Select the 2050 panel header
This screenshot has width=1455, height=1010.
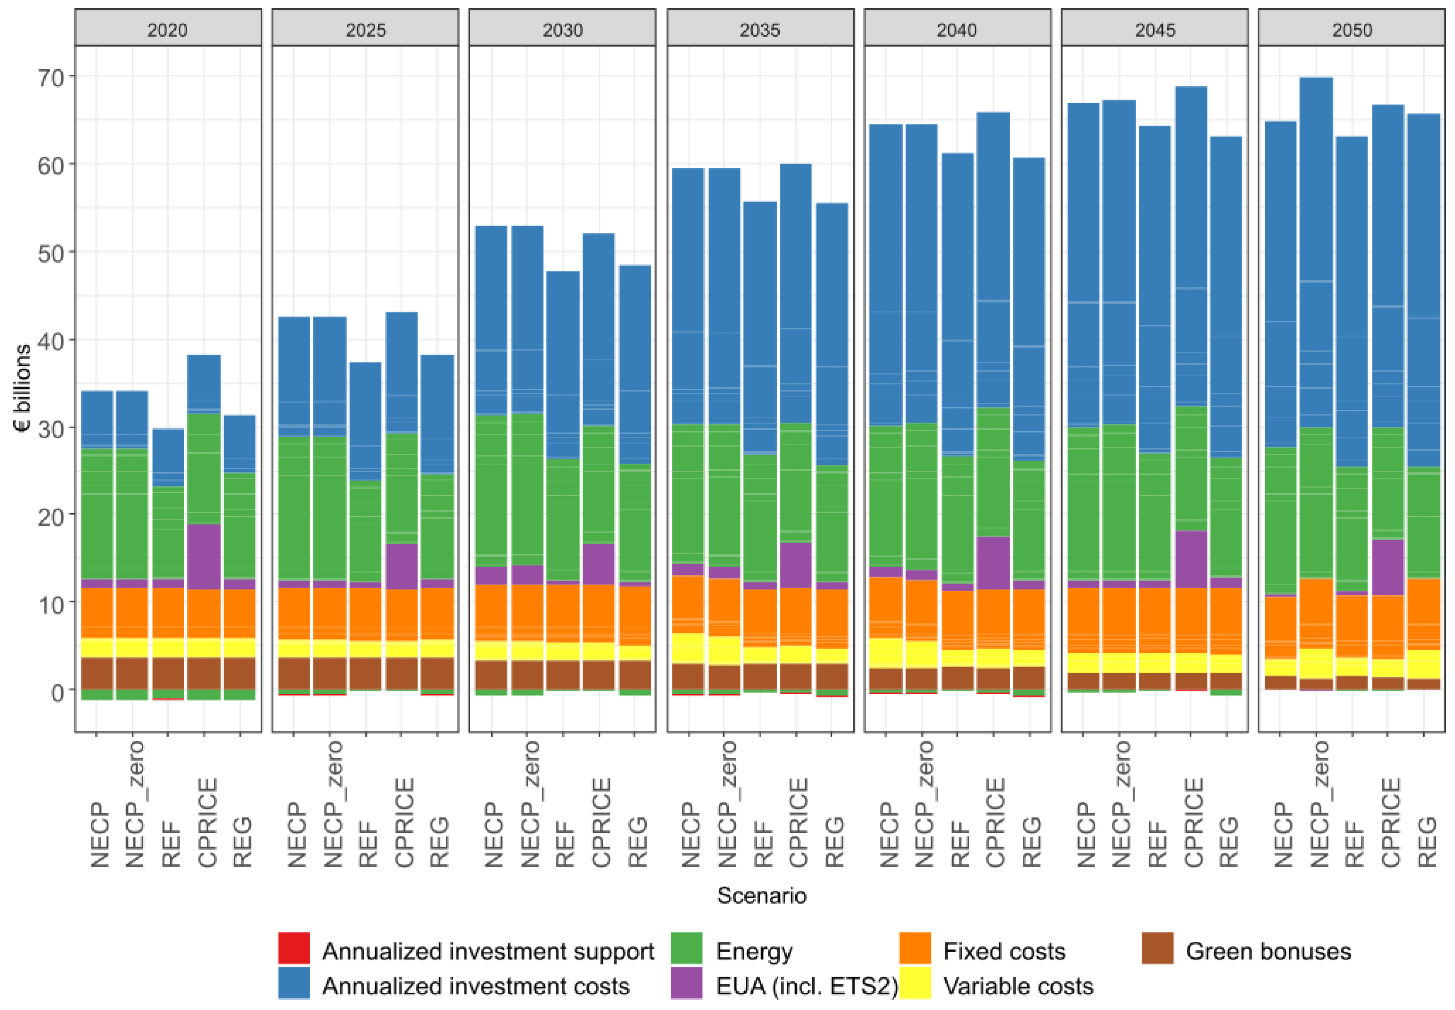1351,30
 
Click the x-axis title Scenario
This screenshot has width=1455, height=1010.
761,895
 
